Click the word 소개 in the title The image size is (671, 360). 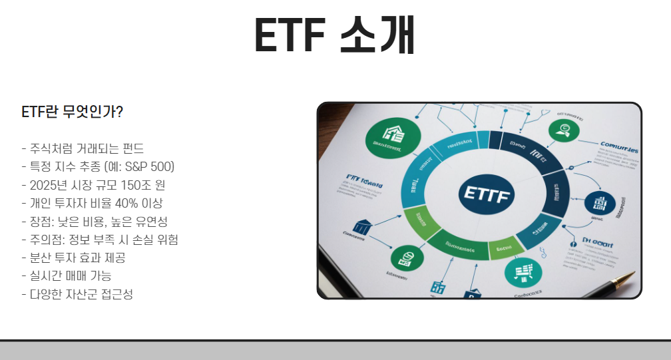coord(377,35)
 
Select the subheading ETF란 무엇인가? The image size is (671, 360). coord(72,112)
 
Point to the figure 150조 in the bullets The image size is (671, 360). coord(128,184)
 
